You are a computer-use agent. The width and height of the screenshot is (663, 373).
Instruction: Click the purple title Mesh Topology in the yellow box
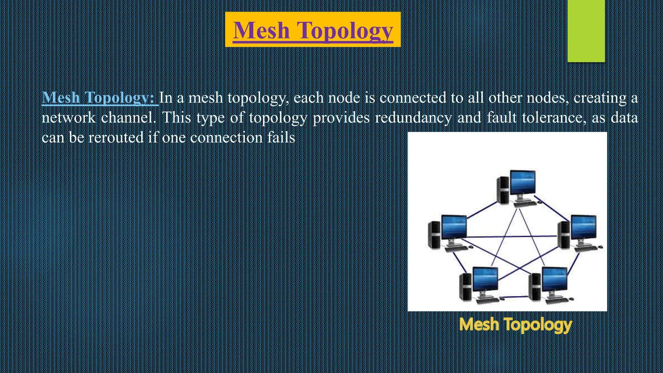(313, 30)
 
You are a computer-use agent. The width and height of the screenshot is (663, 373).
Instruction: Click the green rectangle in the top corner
(586, 31)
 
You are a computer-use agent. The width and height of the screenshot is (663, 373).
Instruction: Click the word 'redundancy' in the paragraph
(413, 117)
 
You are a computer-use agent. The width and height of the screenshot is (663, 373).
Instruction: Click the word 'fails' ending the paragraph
(281, 138)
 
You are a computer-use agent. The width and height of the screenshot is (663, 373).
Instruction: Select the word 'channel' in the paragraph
(128, 117)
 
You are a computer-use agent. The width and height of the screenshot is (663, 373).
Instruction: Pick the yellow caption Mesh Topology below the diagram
(515, 324)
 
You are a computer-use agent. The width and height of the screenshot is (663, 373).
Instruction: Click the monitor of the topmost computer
(523, 182)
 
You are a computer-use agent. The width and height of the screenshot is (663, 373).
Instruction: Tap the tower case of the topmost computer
(503, 190)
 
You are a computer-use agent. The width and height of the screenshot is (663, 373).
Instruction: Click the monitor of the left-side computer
(454, 227)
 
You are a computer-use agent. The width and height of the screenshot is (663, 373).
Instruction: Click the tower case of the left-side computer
(434, 234)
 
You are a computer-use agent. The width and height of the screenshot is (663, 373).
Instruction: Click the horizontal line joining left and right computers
(511, 237)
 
